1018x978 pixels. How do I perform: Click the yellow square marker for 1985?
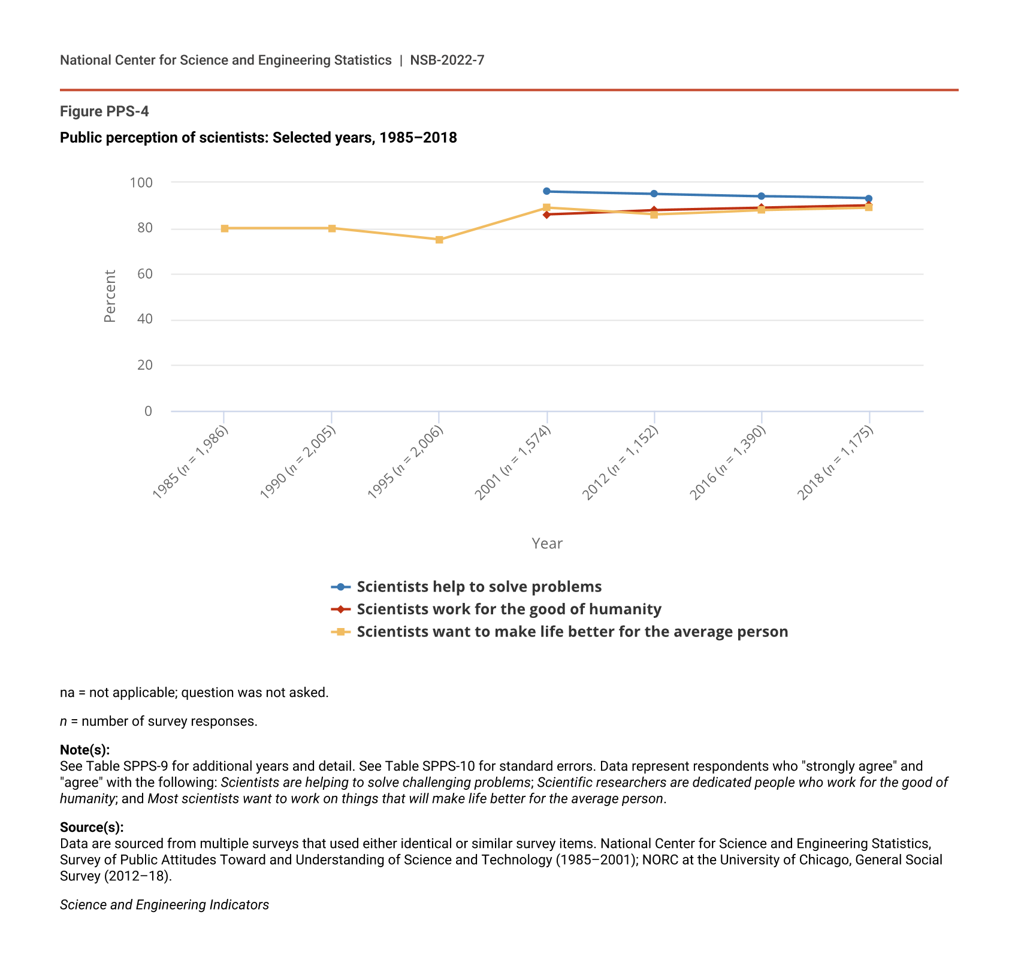pos(225,228)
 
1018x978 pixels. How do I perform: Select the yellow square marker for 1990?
pos(332,228)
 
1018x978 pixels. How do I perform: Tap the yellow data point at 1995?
pos(439,240)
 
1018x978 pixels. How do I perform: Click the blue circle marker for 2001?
pos(546,191)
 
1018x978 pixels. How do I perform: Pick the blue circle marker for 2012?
pos(654,194)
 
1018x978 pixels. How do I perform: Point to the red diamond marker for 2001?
pos(546,214)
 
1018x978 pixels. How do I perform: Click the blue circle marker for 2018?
pos(869,198)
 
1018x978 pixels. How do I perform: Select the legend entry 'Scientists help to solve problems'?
pos(479,587)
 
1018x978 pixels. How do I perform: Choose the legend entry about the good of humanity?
pos(509,609)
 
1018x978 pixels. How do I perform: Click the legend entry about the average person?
pos(572,632)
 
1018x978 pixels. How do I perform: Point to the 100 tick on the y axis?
pos(141,182)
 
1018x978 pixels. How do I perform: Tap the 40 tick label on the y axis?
pos(145,319)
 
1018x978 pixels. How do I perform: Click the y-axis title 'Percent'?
pos(110,296)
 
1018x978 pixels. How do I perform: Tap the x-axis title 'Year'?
pos(547,544)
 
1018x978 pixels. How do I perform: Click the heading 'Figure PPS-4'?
pos(104,111)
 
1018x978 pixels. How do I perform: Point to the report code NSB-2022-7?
pos(447,60)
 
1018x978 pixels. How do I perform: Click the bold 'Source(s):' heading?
pos(92,828)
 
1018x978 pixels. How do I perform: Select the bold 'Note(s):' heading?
pos(84,750)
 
